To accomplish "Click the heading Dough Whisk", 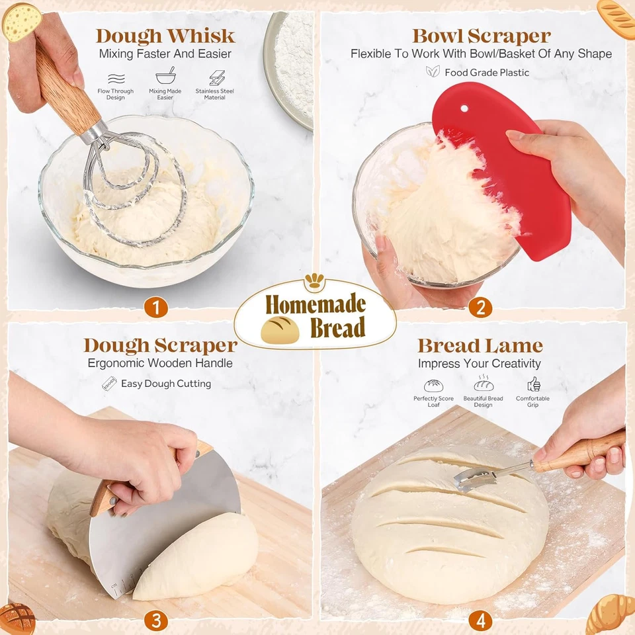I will tap(165, 36).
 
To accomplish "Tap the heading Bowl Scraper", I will tap(481, 36).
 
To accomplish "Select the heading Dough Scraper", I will tap(160, 345).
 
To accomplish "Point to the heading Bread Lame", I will tap(480, 345).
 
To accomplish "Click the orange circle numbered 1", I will tap(156, 307).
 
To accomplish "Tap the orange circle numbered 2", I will tap(480, 307).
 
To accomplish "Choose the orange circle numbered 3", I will tap(156, 620).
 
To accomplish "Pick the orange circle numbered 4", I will tap(480, 620).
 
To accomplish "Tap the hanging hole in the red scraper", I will tap(464, 108).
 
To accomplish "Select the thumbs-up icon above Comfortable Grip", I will tap(533, 385).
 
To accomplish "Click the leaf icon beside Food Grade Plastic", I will tap(433, 71).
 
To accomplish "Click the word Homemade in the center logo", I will tap(316, 304).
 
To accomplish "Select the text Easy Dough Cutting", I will tap(166, 384).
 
